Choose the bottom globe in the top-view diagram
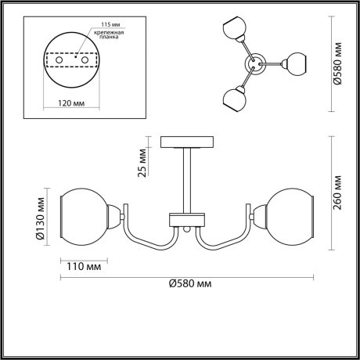tap(233, 99)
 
